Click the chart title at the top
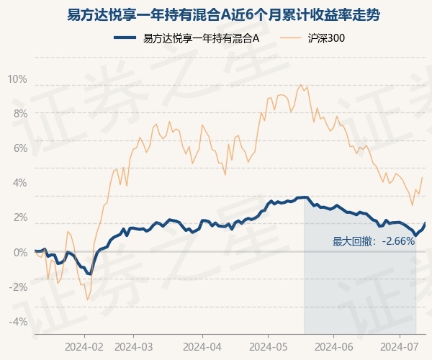223,15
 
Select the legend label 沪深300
326,37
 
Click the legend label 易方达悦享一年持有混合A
201,37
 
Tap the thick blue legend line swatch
125,37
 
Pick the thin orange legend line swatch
290,37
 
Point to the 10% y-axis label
17,79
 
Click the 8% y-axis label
21,114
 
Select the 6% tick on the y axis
21,148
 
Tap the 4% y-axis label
20,183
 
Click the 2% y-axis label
21,217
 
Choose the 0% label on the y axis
21,252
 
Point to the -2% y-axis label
19,287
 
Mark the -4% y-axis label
19,321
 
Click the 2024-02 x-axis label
84,347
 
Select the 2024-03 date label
134,347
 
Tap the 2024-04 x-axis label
202,347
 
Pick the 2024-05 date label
268,347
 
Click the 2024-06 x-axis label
333,347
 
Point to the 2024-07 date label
400,347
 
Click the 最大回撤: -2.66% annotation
374,241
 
